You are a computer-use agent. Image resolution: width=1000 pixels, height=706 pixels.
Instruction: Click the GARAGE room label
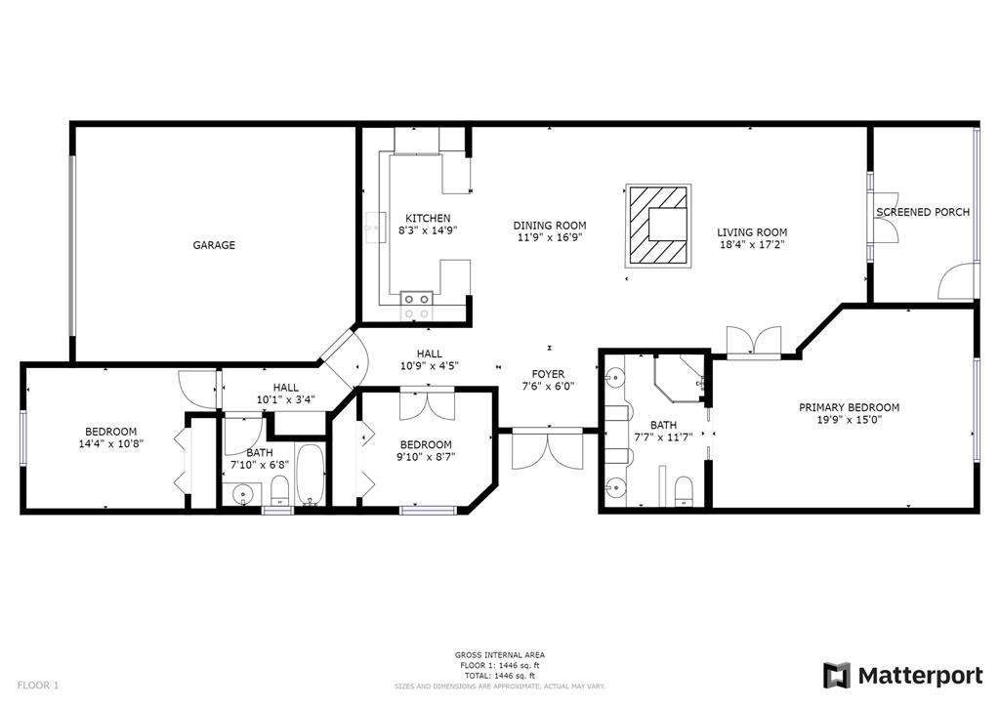(x=214, y=245)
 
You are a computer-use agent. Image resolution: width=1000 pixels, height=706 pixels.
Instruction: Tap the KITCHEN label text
(x=428, y=218)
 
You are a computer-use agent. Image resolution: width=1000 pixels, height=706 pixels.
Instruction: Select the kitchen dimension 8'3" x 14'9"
(x=428, y=230)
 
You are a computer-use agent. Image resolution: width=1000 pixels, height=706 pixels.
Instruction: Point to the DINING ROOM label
(x=550, y=226)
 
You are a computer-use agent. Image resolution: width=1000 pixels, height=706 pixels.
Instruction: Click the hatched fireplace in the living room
(x=658, y=225)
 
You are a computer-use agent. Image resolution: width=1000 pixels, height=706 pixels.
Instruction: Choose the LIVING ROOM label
(x=752, y=232)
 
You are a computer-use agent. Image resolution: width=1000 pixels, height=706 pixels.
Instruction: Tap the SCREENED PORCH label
(x=923, y=212)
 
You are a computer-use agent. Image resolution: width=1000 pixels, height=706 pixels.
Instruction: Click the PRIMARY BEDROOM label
(x=850, y=407)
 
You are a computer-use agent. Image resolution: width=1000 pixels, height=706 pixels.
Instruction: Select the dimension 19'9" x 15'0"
(x=850, y=420)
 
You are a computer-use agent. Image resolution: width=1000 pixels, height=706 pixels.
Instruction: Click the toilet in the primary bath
(x=683, y=491)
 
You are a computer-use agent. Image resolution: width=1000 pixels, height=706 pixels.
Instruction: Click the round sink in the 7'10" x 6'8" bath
(x=242, y=494)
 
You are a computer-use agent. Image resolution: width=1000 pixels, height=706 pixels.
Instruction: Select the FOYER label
(x=549, y=374)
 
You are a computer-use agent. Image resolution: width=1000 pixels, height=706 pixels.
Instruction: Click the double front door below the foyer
(x=548, y=449)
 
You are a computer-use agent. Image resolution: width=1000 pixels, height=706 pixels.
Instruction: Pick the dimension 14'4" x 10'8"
(x=111, y=444)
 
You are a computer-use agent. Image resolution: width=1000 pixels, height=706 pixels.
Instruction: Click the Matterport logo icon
(x=837, y=676)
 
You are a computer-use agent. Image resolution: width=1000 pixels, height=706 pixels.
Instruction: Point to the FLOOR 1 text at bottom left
(x=38, y=685)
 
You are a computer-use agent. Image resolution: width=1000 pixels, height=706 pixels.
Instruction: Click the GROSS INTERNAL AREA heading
(x=500, y=655)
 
